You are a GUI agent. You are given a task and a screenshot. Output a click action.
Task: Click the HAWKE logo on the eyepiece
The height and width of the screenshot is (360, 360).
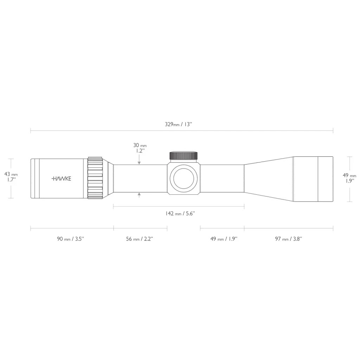tap(62, 179)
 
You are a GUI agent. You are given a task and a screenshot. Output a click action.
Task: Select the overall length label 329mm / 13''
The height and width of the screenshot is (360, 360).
tap(179, 124)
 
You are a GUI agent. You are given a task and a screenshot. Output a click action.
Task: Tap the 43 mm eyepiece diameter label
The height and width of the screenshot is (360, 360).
tap(11, 176)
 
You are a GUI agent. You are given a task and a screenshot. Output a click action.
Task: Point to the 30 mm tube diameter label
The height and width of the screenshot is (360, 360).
tap(140, 148)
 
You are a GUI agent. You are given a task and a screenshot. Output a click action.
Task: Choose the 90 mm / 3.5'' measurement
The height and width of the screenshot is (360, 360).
tap(71, 239)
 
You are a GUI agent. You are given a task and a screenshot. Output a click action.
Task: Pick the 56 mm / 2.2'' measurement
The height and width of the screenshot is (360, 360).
tap(140, 239)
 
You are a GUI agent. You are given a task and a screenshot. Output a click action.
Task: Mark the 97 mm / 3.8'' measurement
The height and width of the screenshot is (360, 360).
tap(289, 239)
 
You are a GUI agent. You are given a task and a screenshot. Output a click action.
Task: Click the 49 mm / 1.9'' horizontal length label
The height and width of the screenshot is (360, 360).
tap(224, 239)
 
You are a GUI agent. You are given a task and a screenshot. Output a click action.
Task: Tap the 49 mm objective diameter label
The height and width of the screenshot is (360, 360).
tap(349, 178)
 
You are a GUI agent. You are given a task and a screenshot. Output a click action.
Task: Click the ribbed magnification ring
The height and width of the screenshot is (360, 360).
tap(95, 179)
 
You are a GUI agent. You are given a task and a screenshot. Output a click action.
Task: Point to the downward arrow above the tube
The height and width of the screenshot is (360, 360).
tap(140, 162)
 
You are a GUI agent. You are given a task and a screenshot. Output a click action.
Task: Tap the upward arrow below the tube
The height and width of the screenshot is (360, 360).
tap(140, 194)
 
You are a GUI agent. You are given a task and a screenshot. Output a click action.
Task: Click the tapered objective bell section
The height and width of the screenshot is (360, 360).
tap(269, 179)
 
